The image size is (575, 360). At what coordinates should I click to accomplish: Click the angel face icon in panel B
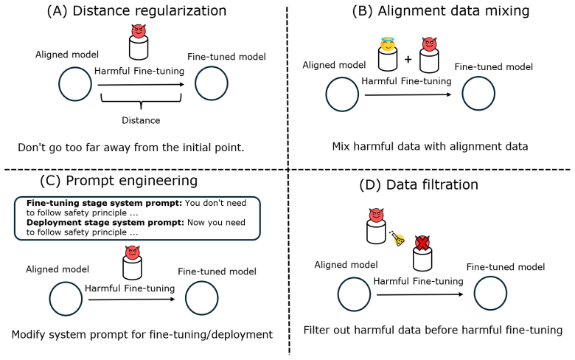[x=388, y=44]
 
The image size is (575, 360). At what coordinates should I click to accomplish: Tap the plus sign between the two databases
[x=408, y=59]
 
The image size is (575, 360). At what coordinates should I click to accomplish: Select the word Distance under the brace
[x=141, y=120]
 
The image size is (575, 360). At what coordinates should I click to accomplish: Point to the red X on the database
[x=422, y=243]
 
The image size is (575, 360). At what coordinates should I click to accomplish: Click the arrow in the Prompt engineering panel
[x=132, y=300]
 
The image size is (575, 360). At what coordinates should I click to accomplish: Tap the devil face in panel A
[x=139, y=31]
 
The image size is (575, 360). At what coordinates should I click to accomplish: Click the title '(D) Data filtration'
[x=419, y=184]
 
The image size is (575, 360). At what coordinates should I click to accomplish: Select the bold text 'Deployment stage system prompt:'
[x=105, y=222]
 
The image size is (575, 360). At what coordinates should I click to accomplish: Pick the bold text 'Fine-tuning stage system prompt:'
[x=104, y=203]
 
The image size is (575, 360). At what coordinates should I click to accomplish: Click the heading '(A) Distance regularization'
[x=136, y=11]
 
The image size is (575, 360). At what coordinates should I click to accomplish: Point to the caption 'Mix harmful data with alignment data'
[x=430, y=146]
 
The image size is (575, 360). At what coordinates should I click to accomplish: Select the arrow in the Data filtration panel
[x=420, y=294]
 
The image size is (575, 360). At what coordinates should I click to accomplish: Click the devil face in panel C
[x=133, y=252]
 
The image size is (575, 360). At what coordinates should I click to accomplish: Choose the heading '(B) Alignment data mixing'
[x=440, y=11]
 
